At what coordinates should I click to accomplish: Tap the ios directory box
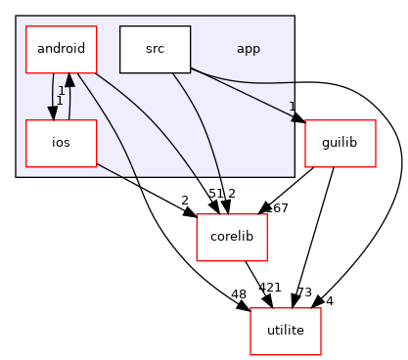click(60, 144)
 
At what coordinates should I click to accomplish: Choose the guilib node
click(333, 144)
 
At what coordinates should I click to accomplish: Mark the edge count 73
click(305, 292)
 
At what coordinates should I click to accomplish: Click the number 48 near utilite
click(238, 292)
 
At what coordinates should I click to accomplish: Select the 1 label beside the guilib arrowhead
click(292, 107)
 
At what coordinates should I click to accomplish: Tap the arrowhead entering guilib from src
click(300, 119)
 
